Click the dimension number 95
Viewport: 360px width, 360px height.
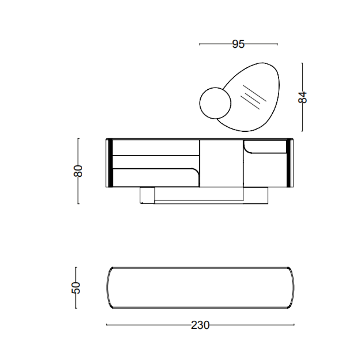(x=238, y=44)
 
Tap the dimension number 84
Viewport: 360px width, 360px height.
(x=302, y=97)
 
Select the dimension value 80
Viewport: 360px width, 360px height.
(x=78, y=171)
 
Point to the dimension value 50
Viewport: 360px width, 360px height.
(x=76, y=288)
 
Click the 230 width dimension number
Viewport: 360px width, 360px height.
(x=200, y=325)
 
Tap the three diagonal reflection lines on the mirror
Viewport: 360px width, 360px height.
(x=253, y=97)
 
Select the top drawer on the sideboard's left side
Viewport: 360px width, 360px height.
(x=156, y=147)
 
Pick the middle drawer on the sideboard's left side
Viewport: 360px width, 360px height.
(x=156, y=162)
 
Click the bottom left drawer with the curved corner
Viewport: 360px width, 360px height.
(x=156, y=178)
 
